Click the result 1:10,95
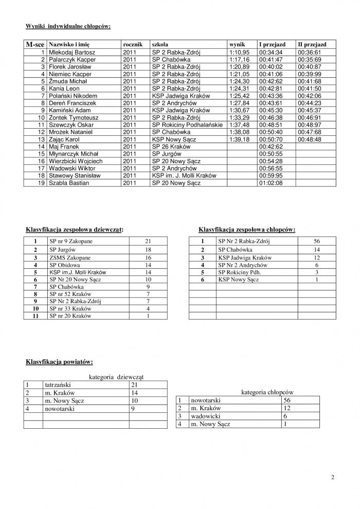239,52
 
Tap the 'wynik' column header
237,45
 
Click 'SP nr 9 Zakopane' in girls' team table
70,241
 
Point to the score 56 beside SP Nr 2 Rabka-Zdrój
316,241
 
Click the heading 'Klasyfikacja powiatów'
59,362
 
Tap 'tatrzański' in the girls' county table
59,384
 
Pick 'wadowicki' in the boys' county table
205,416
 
